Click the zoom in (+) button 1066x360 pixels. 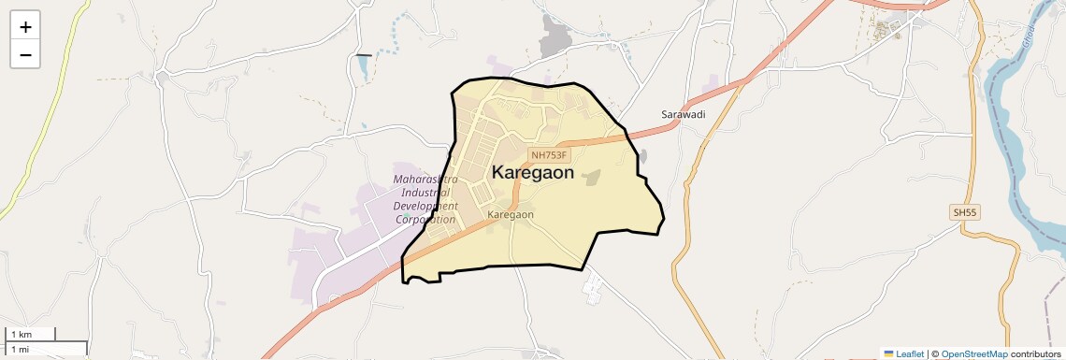click(x=25, y=27)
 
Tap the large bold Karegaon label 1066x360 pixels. click(x=533, y=172)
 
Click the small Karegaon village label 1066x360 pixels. click(x=511, y=214)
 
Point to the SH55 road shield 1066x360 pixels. click(x=965, y=213)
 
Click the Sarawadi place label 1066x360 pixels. click(x=683, y=114)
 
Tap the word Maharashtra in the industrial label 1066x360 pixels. click(x=426, y=179)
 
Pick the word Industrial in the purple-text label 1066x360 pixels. click(x=420, y=192)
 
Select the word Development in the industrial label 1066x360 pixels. click(x=425, y=206)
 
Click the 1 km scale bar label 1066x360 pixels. click(x=22, y=334)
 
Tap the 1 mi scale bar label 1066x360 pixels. click(x=20, y=349)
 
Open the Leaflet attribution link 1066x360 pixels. click(x=904, y=353)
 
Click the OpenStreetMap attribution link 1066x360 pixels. click(x=974, y=353)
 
